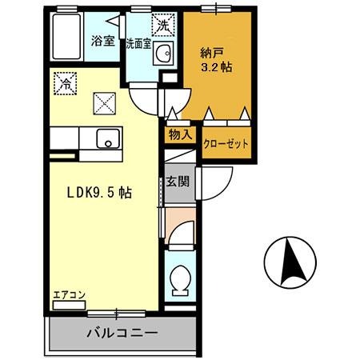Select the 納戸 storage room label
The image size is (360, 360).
click(x=211, y=54)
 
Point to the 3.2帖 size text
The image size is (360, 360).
click(x=216, y=68)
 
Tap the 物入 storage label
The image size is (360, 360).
click(x=180, y=135)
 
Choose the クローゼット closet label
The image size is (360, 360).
click(x=225, y=145)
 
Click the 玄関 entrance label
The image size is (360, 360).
click(x=178, y=182)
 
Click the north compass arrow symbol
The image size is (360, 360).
click(x=290, y=260)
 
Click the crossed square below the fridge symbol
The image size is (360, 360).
click(x=105, y=102)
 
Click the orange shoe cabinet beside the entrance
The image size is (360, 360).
click(x=178, y=215)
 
